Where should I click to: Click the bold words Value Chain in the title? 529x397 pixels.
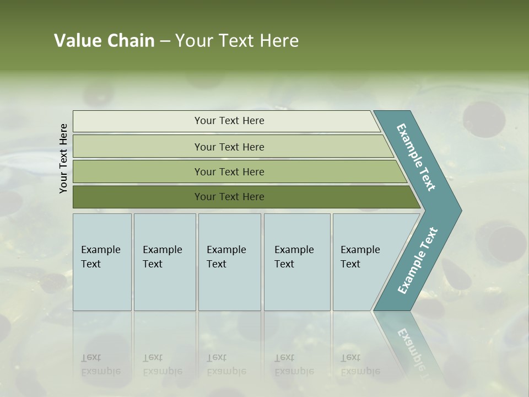pyautogui.click(x=104, y=41)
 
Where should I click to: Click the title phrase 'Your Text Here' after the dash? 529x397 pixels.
pyautogui.click(x=237, y=41)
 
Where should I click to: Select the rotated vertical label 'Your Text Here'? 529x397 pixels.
pyautogui.click(x=63, y=158)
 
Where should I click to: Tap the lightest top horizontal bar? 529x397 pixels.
pyautogui.click(x=229, y=121)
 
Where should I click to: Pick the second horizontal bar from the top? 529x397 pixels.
pyautogui.click(x=229, y=147)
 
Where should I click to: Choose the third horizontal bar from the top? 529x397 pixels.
pyautogui.click(x=229, y=171)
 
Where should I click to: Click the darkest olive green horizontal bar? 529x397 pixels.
pyautogui.click(x=229, y=197)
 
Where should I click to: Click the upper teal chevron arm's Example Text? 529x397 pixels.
pyautogui.click(x=417, y=158)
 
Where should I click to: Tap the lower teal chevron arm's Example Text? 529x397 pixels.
pyautogui.click(x=418, y=260)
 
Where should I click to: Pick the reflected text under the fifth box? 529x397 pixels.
pyautogui.click(x=360, y=364)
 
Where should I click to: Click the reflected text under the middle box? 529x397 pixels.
pyautogui.click(x=226, y=364)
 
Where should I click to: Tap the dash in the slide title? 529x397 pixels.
pyautogui.click(x=165, y=41)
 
